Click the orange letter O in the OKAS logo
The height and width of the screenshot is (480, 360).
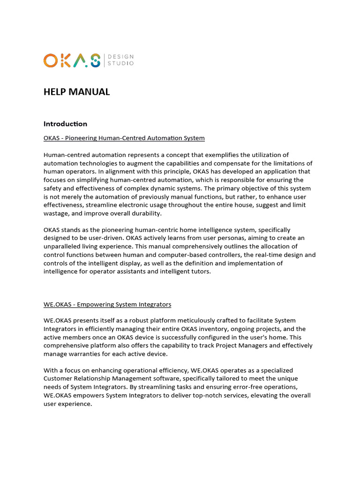coord(50,60)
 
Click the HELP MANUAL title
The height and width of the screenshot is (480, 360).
coord(76,92)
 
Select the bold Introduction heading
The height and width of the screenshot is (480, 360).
coord(65,124)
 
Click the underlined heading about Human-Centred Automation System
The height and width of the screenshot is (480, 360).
coord(124,138)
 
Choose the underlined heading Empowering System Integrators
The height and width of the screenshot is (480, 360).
coord(107,304)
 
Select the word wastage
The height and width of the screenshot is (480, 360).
coord(57,213)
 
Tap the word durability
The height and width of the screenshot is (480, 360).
coord(144,213)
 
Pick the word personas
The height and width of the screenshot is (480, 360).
coord(200,238)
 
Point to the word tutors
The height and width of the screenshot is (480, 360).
coord(200,271)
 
